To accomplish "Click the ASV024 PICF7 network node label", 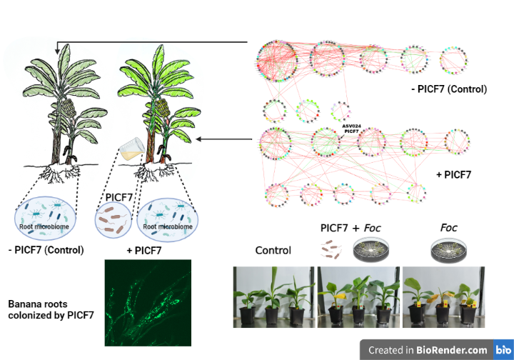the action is [351, 129].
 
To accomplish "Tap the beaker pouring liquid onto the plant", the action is [133, 149].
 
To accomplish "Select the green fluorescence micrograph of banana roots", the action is [148, 303].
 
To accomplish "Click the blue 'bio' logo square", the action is [503, 349].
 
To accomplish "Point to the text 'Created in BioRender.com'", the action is [428, 350].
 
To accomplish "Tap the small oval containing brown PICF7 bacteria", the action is [113, 220].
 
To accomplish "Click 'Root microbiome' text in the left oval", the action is [44, 226].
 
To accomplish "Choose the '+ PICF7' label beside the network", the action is [453, 175].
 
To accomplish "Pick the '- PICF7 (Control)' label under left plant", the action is [46, 250].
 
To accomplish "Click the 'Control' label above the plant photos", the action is [273, 251].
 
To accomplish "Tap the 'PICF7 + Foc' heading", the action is [351, 228].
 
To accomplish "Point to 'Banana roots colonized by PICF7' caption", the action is [51, 309].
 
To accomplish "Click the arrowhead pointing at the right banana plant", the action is [199, 139].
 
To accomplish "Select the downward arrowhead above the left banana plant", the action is [57, 51].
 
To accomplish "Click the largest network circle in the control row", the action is [277, 61].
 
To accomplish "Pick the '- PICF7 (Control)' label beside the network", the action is [449, 89].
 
